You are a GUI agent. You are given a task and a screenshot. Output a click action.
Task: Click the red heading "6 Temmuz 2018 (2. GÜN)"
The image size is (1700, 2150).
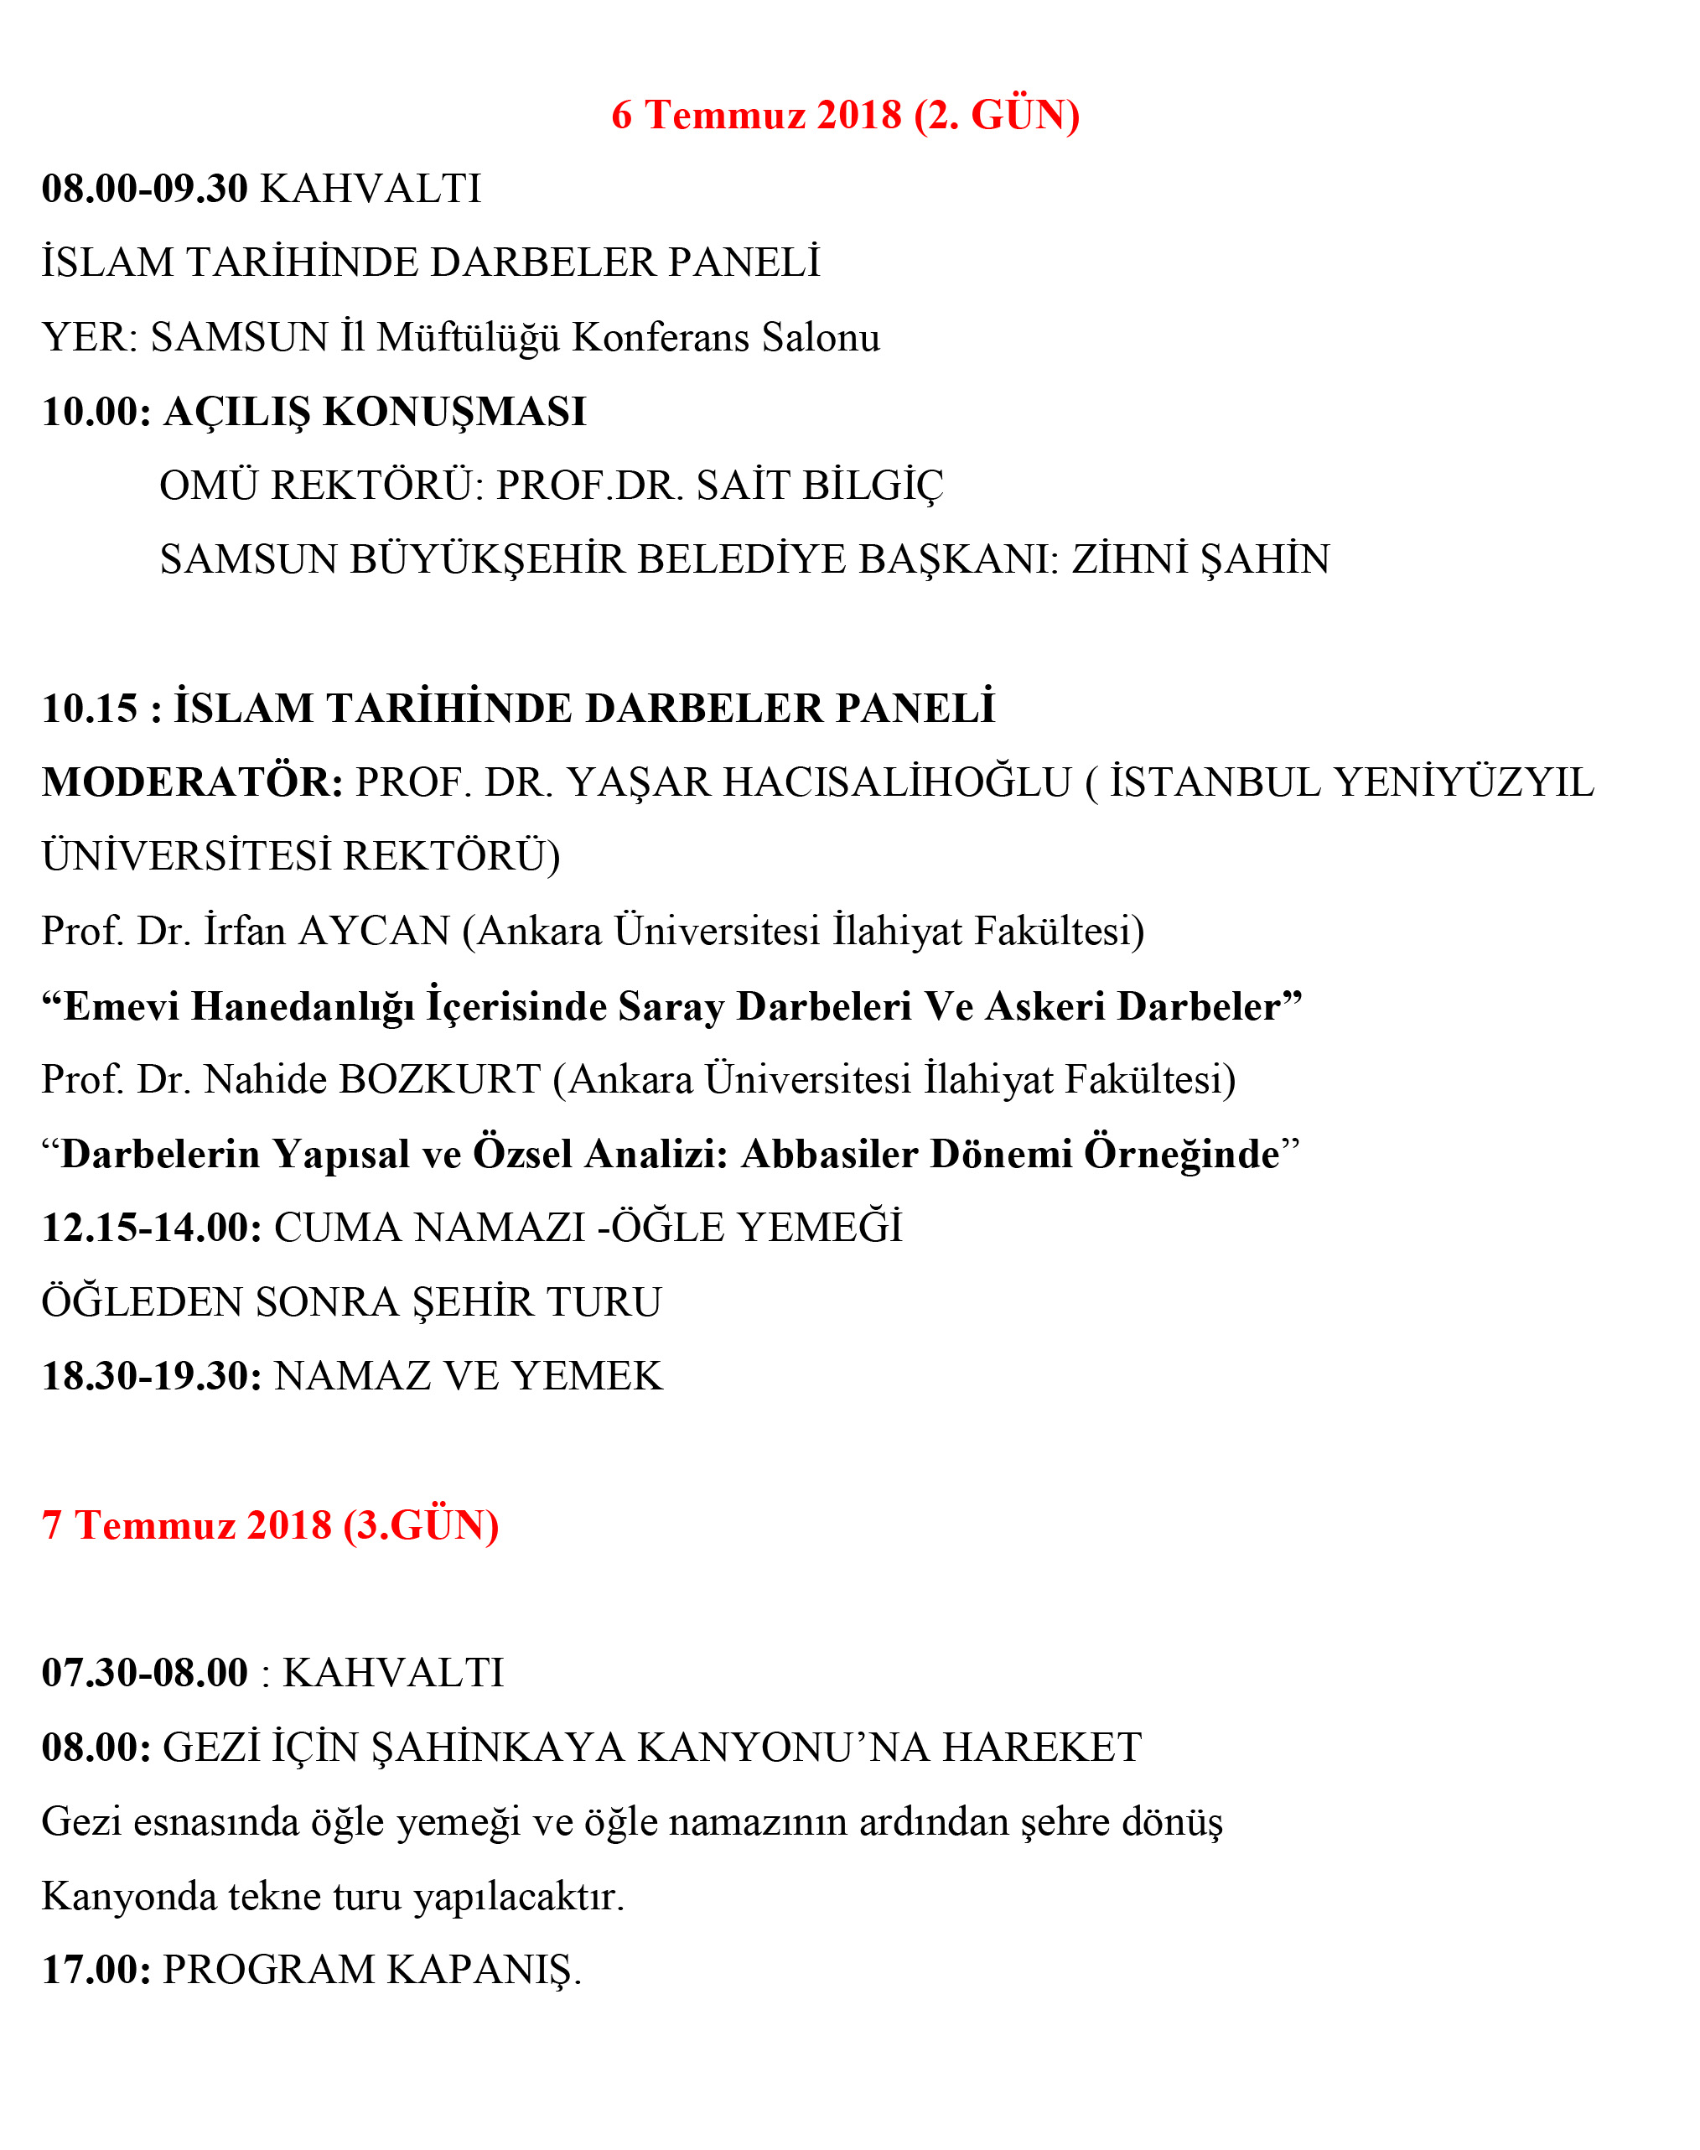click(845, 116)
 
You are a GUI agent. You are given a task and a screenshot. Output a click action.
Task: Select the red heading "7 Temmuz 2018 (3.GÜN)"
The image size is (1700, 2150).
click(270, 1525)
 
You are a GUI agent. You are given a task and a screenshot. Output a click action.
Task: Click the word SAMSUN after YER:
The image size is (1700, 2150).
click(239, 337)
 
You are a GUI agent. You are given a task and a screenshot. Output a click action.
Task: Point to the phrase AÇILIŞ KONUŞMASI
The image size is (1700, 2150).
click(376, 412)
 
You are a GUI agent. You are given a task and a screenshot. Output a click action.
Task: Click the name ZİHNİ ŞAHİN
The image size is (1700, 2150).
click(1200, 559)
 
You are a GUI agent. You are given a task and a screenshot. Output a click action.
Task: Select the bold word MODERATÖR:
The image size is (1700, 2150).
click(192, 782)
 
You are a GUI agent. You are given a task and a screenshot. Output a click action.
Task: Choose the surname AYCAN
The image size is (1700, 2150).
click(374, 932)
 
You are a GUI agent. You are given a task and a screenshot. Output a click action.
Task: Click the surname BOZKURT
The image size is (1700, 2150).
click(440, 1080)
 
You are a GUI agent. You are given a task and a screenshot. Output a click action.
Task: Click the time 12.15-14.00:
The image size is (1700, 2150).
click(151, 1228)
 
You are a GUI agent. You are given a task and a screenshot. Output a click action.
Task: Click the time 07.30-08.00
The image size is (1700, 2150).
click(144, 1673)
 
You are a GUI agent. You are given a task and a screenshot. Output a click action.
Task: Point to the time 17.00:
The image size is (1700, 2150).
click(96, 1970)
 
